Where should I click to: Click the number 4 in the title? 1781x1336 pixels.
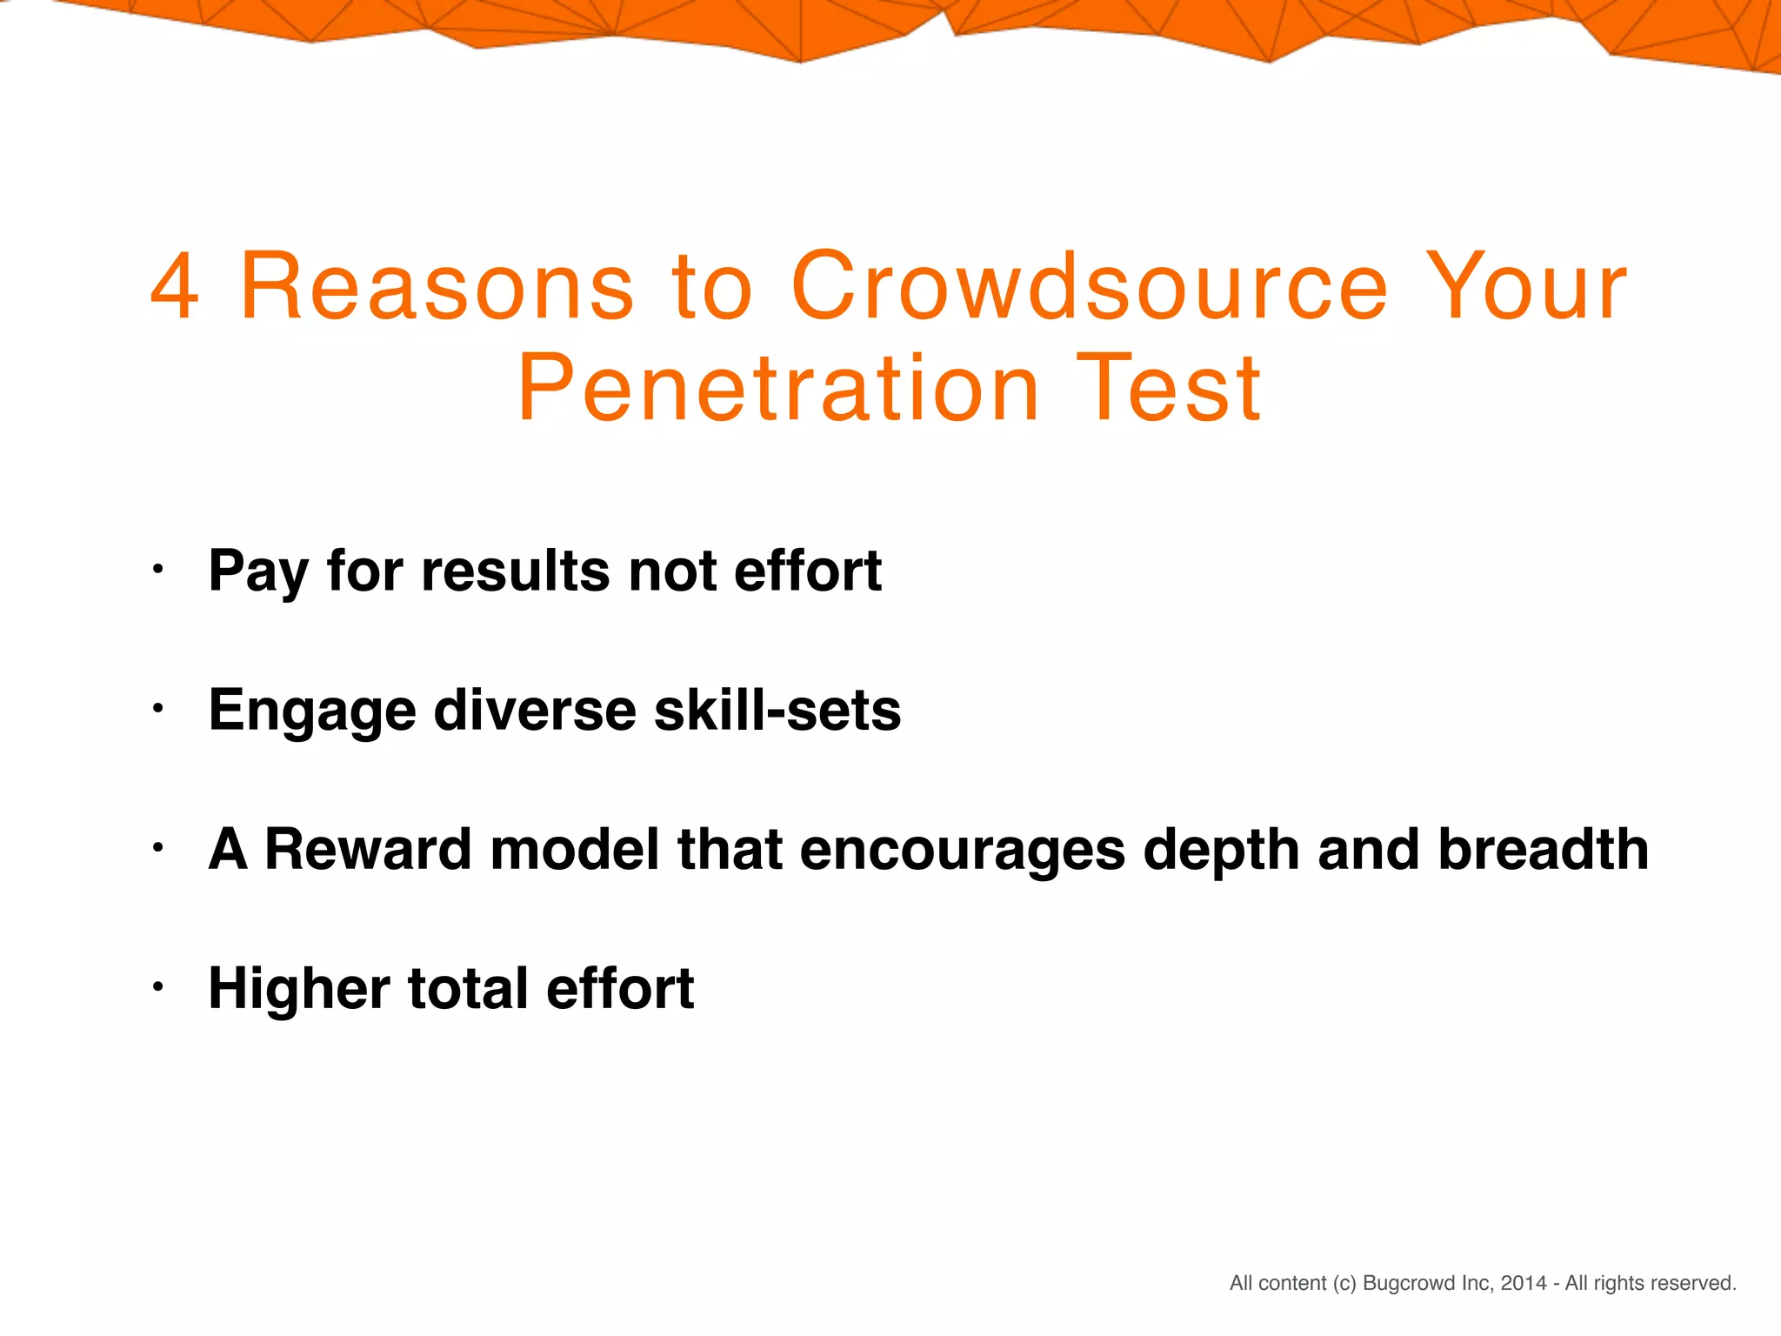175,287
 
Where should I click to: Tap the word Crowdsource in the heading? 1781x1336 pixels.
1089,287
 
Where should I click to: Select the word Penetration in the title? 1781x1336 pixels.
778,389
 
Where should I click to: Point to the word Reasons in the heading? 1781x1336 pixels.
437,287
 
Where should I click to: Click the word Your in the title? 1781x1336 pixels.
1527,287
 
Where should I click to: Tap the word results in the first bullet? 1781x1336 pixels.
516,571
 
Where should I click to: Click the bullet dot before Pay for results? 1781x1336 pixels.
157,571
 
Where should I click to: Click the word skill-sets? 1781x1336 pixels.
777,710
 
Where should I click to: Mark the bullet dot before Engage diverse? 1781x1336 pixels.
157,709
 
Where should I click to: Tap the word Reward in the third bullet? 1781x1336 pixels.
368,849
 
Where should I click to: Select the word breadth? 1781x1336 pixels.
1543,849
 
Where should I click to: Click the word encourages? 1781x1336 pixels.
963,851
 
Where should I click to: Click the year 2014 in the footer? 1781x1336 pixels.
1524,1283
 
